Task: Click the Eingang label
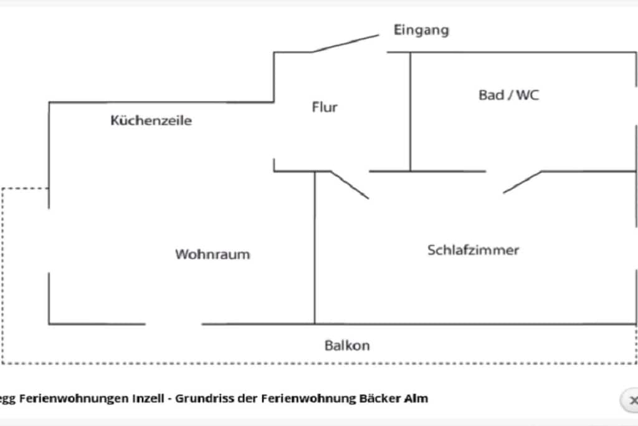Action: (421, 30)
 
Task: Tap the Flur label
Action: (325, 107)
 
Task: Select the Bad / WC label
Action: (508, 95)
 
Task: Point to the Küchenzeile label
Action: (151, 120)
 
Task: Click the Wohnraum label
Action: (212, 254)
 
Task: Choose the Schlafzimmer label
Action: (474, 249)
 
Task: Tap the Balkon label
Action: (347, 346)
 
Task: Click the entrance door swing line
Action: (346, 43)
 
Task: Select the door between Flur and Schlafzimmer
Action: (350, 185)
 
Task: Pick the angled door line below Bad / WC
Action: (523, 182)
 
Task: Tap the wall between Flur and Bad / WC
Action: (410, 112)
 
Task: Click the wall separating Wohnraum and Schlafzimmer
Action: (315, 248)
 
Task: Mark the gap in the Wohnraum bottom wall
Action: (174, 324)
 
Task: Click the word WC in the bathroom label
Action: (527, 95)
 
